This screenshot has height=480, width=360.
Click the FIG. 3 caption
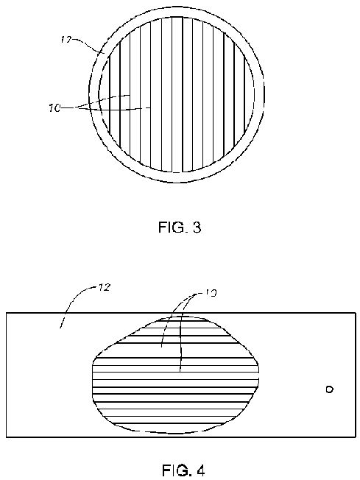pyautogui.click(x=180, y=227)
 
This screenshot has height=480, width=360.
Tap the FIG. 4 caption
pyautogui.click(x=183, y=470)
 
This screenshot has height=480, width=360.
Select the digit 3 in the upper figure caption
pyautogui.click(x=197, y=227)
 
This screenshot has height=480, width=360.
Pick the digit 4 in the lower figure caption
pyautogui.click(x=200, y=470)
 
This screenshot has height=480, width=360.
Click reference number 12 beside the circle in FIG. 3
pyautogui.click(x=66, y=40)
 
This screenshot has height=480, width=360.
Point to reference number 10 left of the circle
pyautogui.click(x=54, y=108)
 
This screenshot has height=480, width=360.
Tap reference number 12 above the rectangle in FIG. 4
pyautogui.click(x=104, y=287)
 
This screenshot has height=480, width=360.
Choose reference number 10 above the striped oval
pyautogui.click(x=211, y=293)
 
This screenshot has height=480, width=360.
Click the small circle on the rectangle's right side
pyautogui.click(x=329, y=389)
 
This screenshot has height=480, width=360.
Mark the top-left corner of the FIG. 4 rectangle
pyautogui.click(x=7, y=313)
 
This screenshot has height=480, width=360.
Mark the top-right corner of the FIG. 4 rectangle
pyautogui.click(x=356, y=313)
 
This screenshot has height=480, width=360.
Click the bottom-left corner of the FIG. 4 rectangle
pyautogui.click(x=7, y=437)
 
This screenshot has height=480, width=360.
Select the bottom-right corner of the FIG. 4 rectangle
pyautogui.click(x=356, y=437)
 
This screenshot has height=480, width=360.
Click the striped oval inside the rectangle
pyautogui.click(x=176, y=375)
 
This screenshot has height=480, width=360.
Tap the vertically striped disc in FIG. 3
pyautogui.click(x=177, y=94)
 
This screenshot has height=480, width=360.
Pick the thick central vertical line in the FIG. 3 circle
pyautogui.click(x=183, y=94)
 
